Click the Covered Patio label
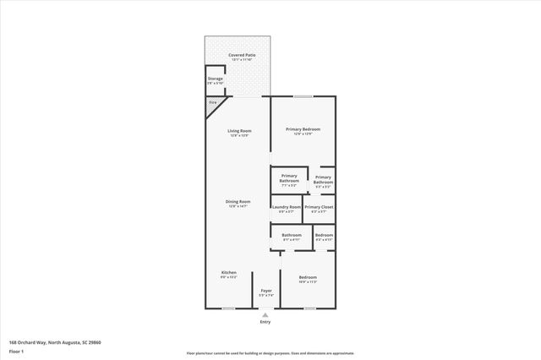tap(238, 55)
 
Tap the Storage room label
tap(216, 78)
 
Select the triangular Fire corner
tap(212, 103)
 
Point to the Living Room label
tap(238, 131)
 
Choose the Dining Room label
tap(238, 201)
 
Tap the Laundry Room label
tap(286, 206)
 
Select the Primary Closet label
tap(319, 206)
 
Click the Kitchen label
tap(228, 272)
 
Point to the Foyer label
tap(266, 290)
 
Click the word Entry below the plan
tap(265, 322)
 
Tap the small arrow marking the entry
tap(265, 314)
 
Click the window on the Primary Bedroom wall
tap(303, 95)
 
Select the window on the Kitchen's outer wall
tap(227, 308)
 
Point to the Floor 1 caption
tap(16, 350)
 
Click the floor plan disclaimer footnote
tap(270, 353)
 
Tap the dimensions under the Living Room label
tap(238, 136)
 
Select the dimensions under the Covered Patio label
tap(238, 60)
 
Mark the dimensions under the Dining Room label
tap(238, 206)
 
